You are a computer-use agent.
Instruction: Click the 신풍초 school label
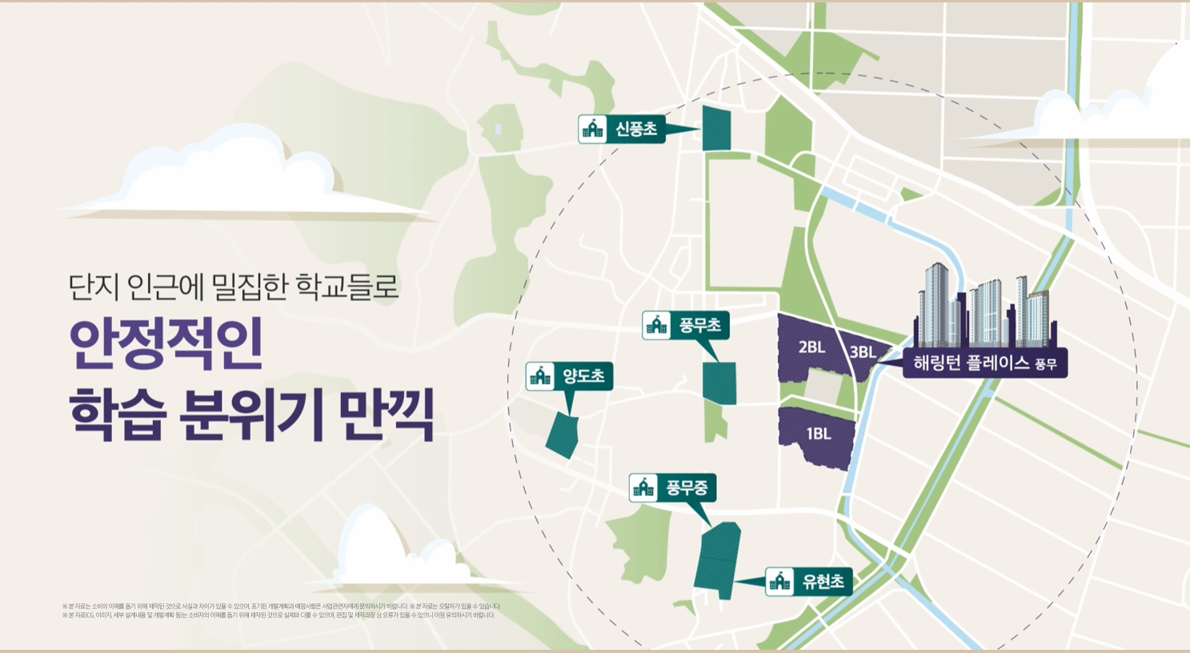[622, 129]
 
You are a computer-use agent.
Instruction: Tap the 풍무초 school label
[686, 325]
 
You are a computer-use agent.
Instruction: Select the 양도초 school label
[569, 376]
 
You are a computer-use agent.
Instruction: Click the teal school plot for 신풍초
[716, 128]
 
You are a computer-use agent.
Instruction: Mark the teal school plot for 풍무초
[719, 383]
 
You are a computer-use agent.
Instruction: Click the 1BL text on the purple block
[819, 434]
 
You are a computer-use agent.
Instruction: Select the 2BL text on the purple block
[811, 347]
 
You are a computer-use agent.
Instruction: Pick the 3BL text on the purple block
[862, 352]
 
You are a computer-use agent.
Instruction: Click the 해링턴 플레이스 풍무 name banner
[985, 363]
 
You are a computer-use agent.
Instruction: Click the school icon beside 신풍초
[592, 129]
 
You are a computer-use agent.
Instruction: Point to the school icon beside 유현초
[779, 582]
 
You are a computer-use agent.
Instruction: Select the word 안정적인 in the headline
[166, 345]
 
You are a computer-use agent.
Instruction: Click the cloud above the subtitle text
[240, 180]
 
